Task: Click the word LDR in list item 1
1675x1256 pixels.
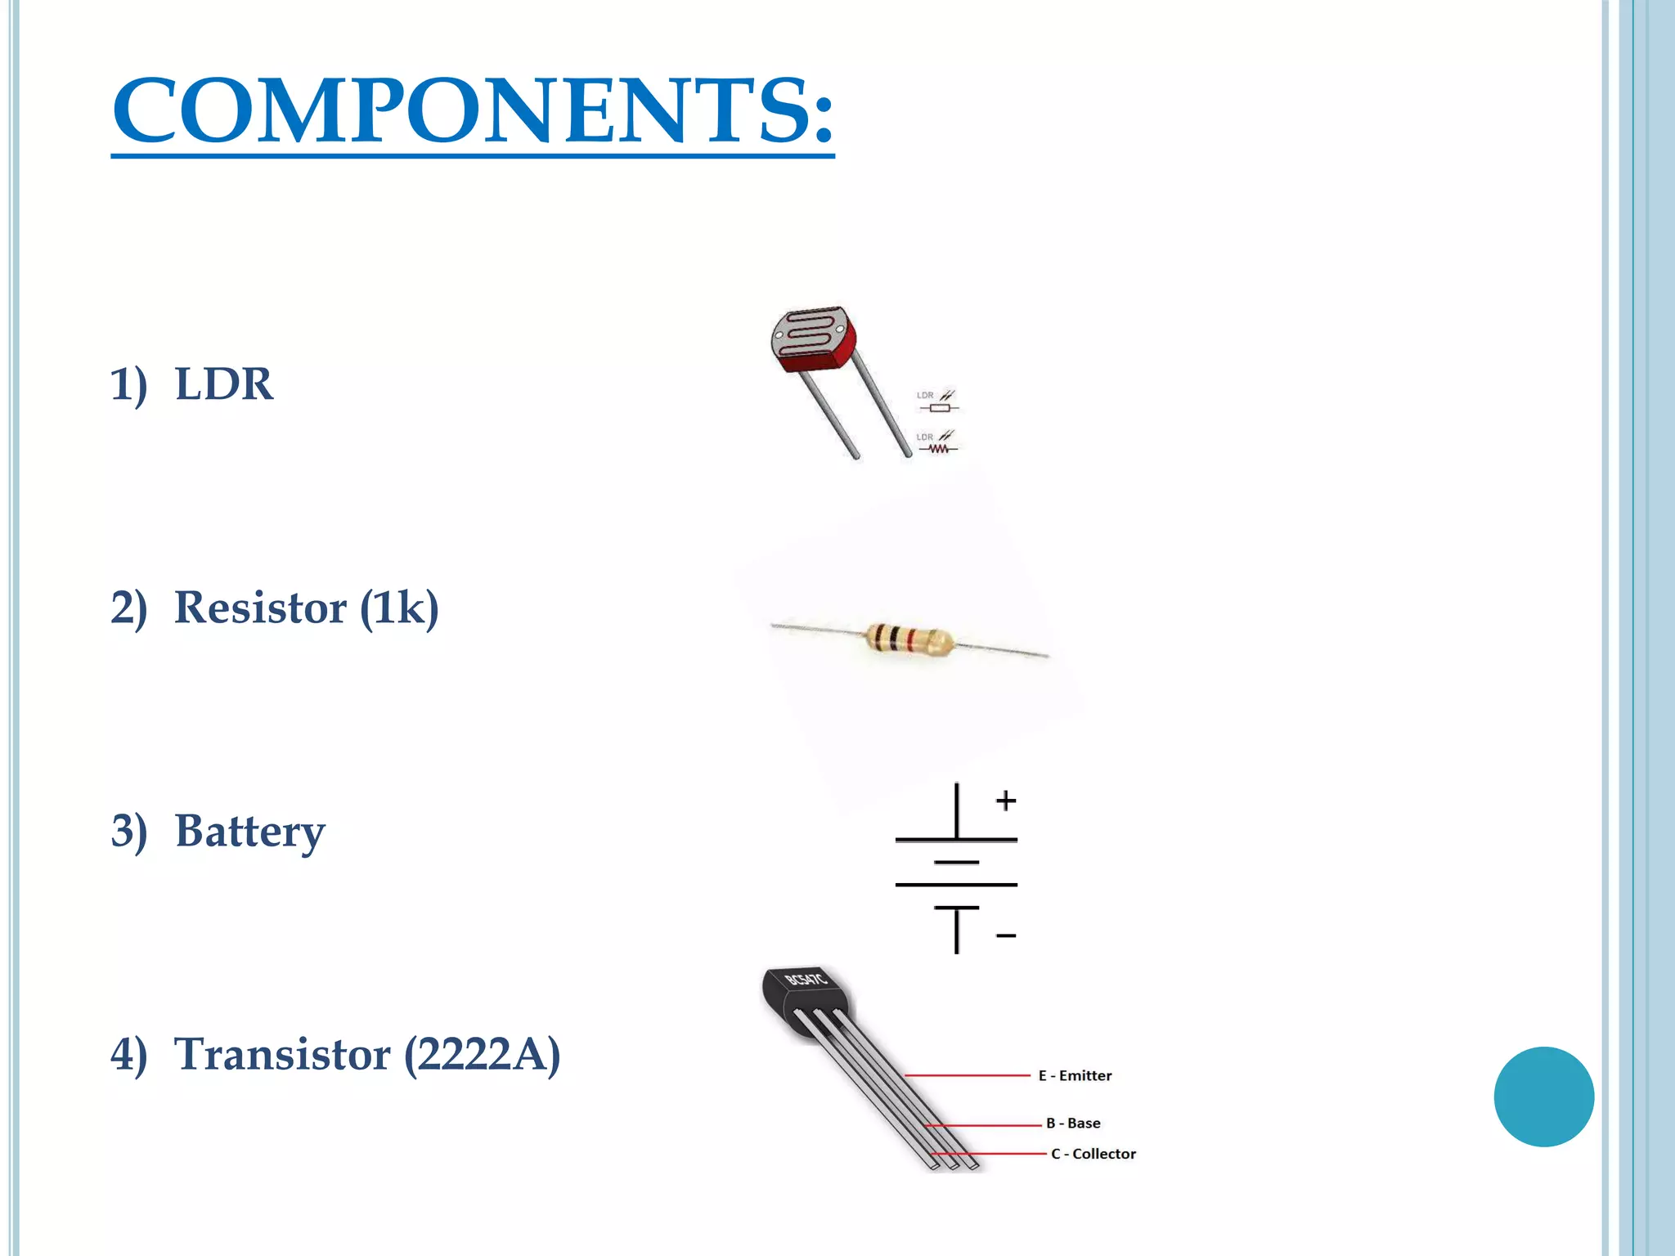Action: [223, 384]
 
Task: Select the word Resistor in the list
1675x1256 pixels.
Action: [260, 608]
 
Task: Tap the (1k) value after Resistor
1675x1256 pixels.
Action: [399, 608]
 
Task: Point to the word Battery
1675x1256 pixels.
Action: [249, 831]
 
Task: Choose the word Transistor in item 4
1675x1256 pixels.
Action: [282, 1054]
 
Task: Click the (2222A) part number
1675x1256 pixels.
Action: [483, 1054]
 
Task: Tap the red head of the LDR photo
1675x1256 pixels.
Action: [813, 339]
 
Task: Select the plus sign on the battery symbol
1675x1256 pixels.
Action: [1006, 801]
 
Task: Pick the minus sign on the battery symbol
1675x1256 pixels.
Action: [1006, 935]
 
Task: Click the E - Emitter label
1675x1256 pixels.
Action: [1075, 1076]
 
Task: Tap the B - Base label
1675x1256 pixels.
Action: [1073, 1124]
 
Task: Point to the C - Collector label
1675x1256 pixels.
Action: [1093, 1154]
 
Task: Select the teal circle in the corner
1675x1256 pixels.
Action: [1543, 1097]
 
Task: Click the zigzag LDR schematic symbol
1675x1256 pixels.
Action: [937, 447]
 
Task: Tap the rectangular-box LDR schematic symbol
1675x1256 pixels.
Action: [939, 406]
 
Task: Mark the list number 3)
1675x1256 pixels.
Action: [129, 831]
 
